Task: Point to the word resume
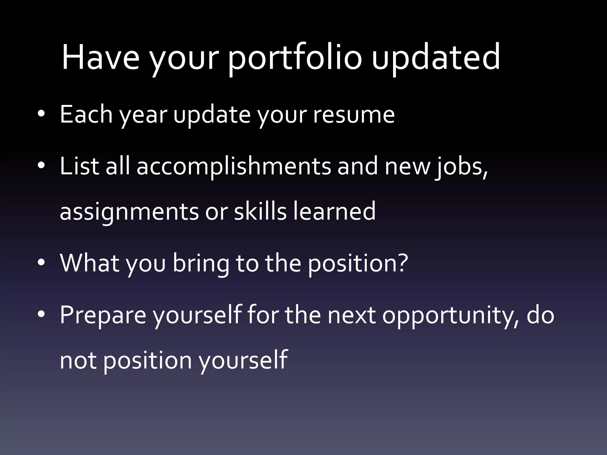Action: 354,115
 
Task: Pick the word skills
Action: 260,211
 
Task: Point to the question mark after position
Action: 402,262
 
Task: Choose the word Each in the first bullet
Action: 86,114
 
